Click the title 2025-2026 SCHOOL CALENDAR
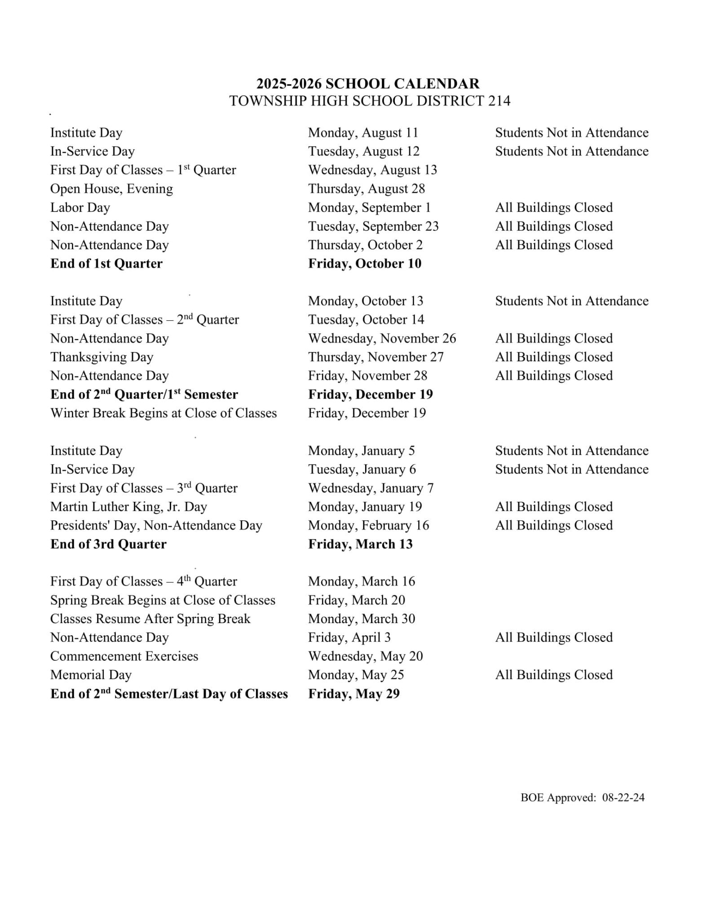(x=368, y=84)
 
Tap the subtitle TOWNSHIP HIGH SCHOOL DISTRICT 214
(x=370, y=101)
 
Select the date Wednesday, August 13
(x=372, y=170)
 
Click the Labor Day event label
(x=80, y=208)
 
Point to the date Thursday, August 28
(x=366, y=189)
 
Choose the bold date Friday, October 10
(x=365, y=264)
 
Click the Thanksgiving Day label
(x=102, y=357)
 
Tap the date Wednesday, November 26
(x=382, y=338)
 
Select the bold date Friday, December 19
(x=370, y=394)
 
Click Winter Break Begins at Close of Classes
(x=163, y=413)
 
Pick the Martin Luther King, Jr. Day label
(x=128, y=507)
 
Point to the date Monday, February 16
(x=368, y=526)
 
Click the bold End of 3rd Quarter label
(x=108, y=544)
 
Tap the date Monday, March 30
(x=362, y=619)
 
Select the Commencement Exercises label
(x=124, y=656)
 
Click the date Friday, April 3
(x=349, y=637)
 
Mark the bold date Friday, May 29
(x=353, y=694)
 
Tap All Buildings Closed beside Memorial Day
(x=554, y=675)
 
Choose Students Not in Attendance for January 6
(x=571, y=469)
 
